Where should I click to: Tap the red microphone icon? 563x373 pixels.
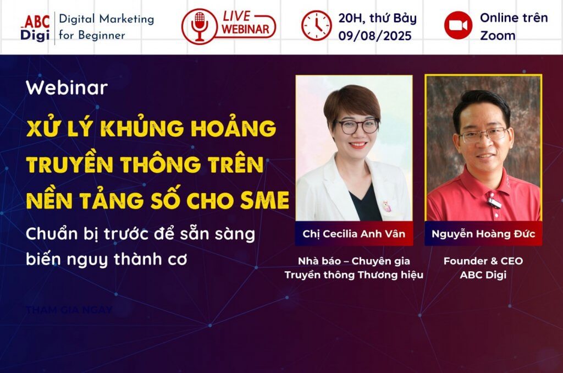coord(200,26)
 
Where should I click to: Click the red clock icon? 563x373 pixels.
coord(316,26)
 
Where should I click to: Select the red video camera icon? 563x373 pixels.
coord(458,26)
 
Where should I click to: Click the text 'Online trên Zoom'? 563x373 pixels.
coord(514,26)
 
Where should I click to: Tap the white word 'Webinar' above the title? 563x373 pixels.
coord(67,88)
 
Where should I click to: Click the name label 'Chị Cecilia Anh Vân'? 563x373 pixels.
coord(354,234)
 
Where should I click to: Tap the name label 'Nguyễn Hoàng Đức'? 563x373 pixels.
coord(483,234)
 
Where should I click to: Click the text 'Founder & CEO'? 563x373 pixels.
coord(483,261)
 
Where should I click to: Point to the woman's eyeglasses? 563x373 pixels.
coord(356,126)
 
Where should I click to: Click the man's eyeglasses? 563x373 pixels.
coord(483,134)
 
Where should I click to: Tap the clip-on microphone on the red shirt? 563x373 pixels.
coord(494,203)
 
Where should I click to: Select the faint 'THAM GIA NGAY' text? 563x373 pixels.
coord(69,310)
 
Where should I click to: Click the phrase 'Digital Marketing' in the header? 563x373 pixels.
coord(106,19)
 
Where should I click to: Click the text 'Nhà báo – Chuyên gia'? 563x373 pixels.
coord(354,261)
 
